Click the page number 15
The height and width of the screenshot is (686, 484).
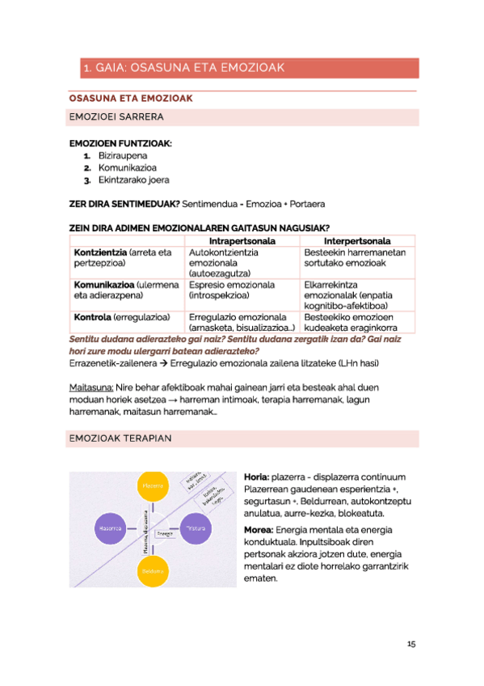[410, 644]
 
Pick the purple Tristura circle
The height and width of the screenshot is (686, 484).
[196, 528]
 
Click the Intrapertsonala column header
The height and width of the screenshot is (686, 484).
[242, 241]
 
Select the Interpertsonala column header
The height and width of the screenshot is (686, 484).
[357, 241]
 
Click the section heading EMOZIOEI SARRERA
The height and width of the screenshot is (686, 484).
[116, 117]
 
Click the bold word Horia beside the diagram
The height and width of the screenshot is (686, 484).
[256, 477]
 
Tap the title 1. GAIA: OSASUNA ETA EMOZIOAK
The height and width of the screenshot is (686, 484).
[183, 68]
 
